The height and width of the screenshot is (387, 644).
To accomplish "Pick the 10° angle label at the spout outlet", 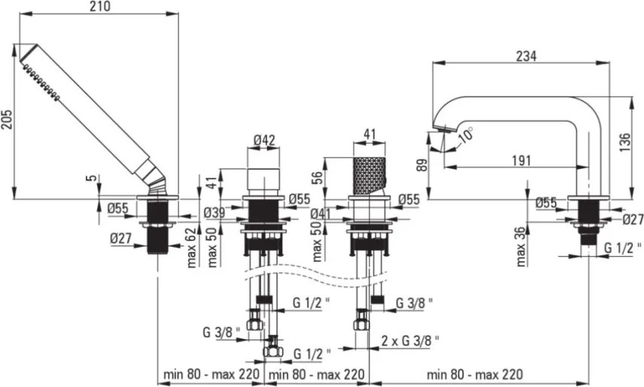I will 466,136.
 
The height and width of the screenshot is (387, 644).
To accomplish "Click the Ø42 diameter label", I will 263,139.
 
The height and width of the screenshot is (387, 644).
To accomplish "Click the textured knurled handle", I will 368,174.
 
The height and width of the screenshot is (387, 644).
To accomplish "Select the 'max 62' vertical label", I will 192,245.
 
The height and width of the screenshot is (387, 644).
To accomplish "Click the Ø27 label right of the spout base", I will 633,219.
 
